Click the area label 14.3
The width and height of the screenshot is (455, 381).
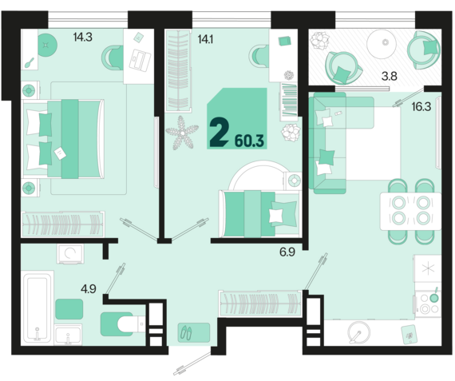click(x=83, y=38)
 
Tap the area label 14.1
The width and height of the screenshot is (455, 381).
click(x=205, y=39)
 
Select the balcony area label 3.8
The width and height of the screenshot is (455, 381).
click(x=389, y=77)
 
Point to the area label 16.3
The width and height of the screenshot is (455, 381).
click(x=421, y=107)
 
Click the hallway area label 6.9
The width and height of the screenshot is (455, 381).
click(x=287, y=252)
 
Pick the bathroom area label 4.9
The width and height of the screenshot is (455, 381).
click(x=89, y=289)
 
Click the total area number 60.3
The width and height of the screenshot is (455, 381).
click(x=249, y=141)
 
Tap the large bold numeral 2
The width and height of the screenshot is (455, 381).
click(x=220, y=133)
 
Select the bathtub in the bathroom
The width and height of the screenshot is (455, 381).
click(x=38, y=308)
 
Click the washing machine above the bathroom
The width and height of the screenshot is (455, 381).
click(x=70, y=253)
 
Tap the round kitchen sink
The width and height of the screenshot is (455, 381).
click(x=359, y=333)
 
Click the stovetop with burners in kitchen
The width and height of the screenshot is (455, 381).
click(x=428, y=304)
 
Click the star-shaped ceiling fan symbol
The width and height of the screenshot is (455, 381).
click(x=182, y=133)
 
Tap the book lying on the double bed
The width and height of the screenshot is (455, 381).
click(x=60, y=153)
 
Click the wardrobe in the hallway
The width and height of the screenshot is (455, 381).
click(x=260, y=304)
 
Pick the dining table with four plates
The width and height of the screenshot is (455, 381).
click(x=411, y=211)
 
